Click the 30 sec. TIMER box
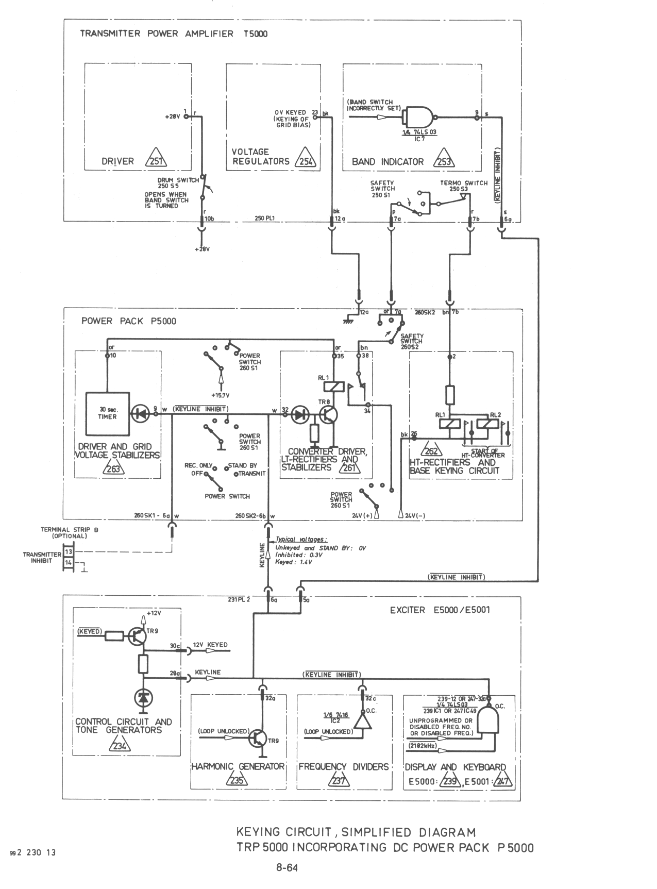[x=108, y=413]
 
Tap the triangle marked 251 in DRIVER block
[x=156, y=160]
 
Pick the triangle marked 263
[x=113, y=468]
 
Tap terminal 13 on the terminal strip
[x=69, y=551]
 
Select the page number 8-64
[x=287, y=867]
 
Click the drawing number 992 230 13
[x=33, y=852]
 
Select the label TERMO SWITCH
[x=463, y=183]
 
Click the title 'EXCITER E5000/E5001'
[x=440, y=610]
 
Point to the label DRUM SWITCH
[x=178, y=180]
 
